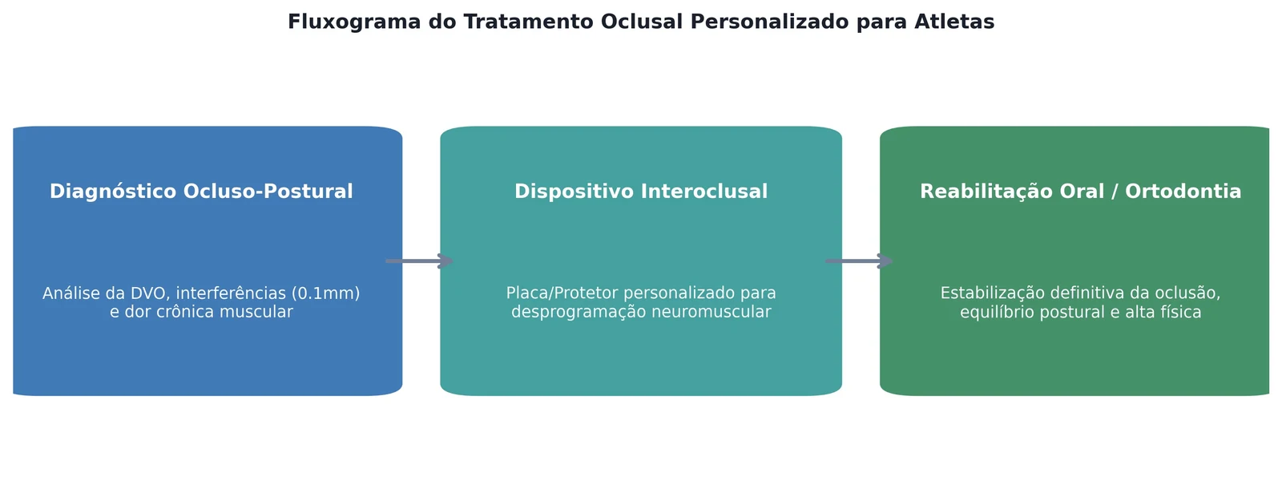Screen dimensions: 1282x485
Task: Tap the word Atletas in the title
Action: [x=954, y=22]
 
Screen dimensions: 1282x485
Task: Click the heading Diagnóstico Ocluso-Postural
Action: [x=201, y=192]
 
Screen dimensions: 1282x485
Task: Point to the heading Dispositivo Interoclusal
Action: [x=641, y=192]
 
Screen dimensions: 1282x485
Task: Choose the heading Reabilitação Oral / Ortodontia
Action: [x=1081, y=192]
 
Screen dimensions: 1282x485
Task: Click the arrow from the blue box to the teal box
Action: [x=420, y=261]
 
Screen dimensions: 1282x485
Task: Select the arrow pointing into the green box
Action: [x=859, y=261]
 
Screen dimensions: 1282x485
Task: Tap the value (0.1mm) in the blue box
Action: [x=325, y=293]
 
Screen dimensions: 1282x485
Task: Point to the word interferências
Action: [x=232, y=293]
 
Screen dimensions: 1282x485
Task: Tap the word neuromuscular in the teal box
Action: [x=711, y=312]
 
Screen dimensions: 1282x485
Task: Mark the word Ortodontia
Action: [x=1183, y=192]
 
